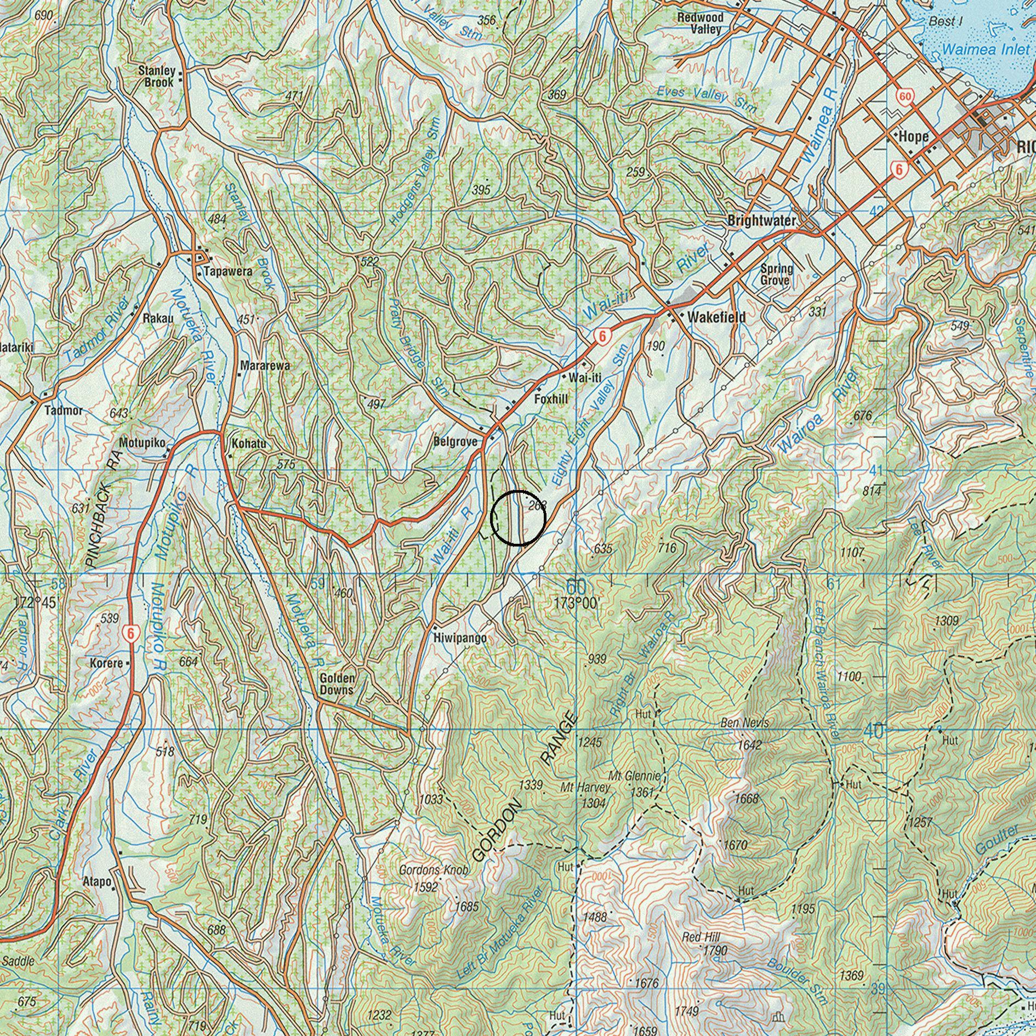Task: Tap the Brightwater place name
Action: [761, 221]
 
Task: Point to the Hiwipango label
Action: [459, 639]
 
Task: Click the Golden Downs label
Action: [337, 684]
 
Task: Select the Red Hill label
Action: [701, 937]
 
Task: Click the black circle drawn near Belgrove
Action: [517, 518]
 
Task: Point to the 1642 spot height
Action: [750, 745]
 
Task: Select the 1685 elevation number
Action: [467, 907]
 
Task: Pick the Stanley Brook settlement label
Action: [157, 76]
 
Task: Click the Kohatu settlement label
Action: [249, 443]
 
